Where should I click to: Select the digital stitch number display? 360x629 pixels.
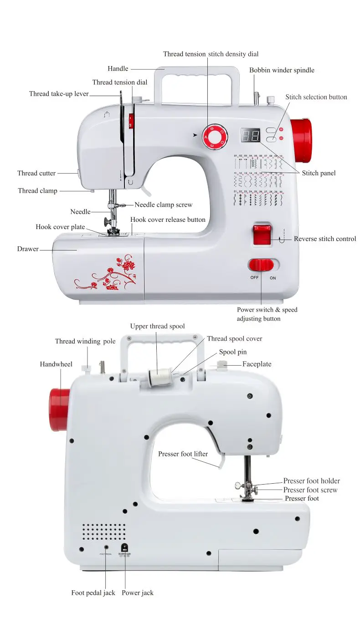[250, 135]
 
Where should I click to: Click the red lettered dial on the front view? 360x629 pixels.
[216, 135]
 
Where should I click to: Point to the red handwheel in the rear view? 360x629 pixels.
[60, 409]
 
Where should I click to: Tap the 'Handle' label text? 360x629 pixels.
[118, 69]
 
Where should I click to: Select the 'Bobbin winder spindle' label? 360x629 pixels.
[282, 70]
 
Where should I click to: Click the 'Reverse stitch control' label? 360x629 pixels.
[325, 239]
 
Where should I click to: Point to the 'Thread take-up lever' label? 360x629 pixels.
[59, 94]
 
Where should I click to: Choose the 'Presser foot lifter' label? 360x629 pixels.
[183, 454]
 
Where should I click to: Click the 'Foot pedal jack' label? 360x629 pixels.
[93, 593]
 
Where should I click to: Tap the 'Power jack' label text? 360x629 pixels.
[138, 593]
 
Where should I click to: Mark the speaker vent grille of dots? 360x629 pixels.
[104, 532]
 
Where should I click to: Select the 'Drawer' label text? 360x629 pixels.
[28, 249]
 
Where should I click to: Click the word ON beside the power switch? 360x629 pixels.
[273, 277]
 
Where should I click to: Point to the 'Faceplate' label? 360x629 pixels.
[257, 364]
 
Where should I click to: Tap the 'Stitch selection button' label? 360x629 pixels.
[316, 97]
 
